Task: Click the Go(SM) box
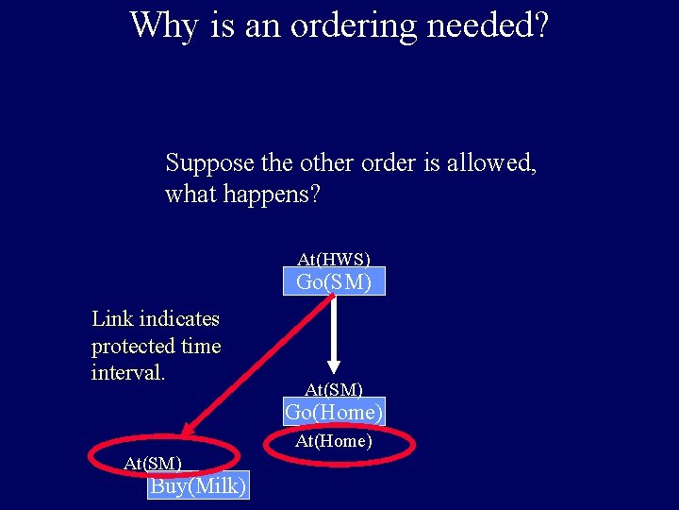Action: click(334, 281)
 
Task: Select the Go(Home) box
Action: click(334, 412)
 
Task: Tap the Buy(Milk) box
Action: click(198, 485)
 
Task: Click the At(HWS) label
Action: click(334, 258)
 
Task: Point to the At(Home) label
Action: click(334, 441)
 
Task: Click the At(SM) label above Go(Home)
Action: click(334, 388)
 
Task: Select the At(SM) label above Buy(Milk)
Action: click(153, 462)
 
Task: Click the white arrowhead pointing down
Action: click(333, 365)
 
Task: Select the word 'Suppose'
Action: click(210, 163)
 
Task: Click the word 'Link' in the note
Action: click(112, 319)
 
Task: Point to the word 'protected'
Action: click(131, 347)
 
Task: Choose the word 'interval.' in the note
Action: click(128, 372)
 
